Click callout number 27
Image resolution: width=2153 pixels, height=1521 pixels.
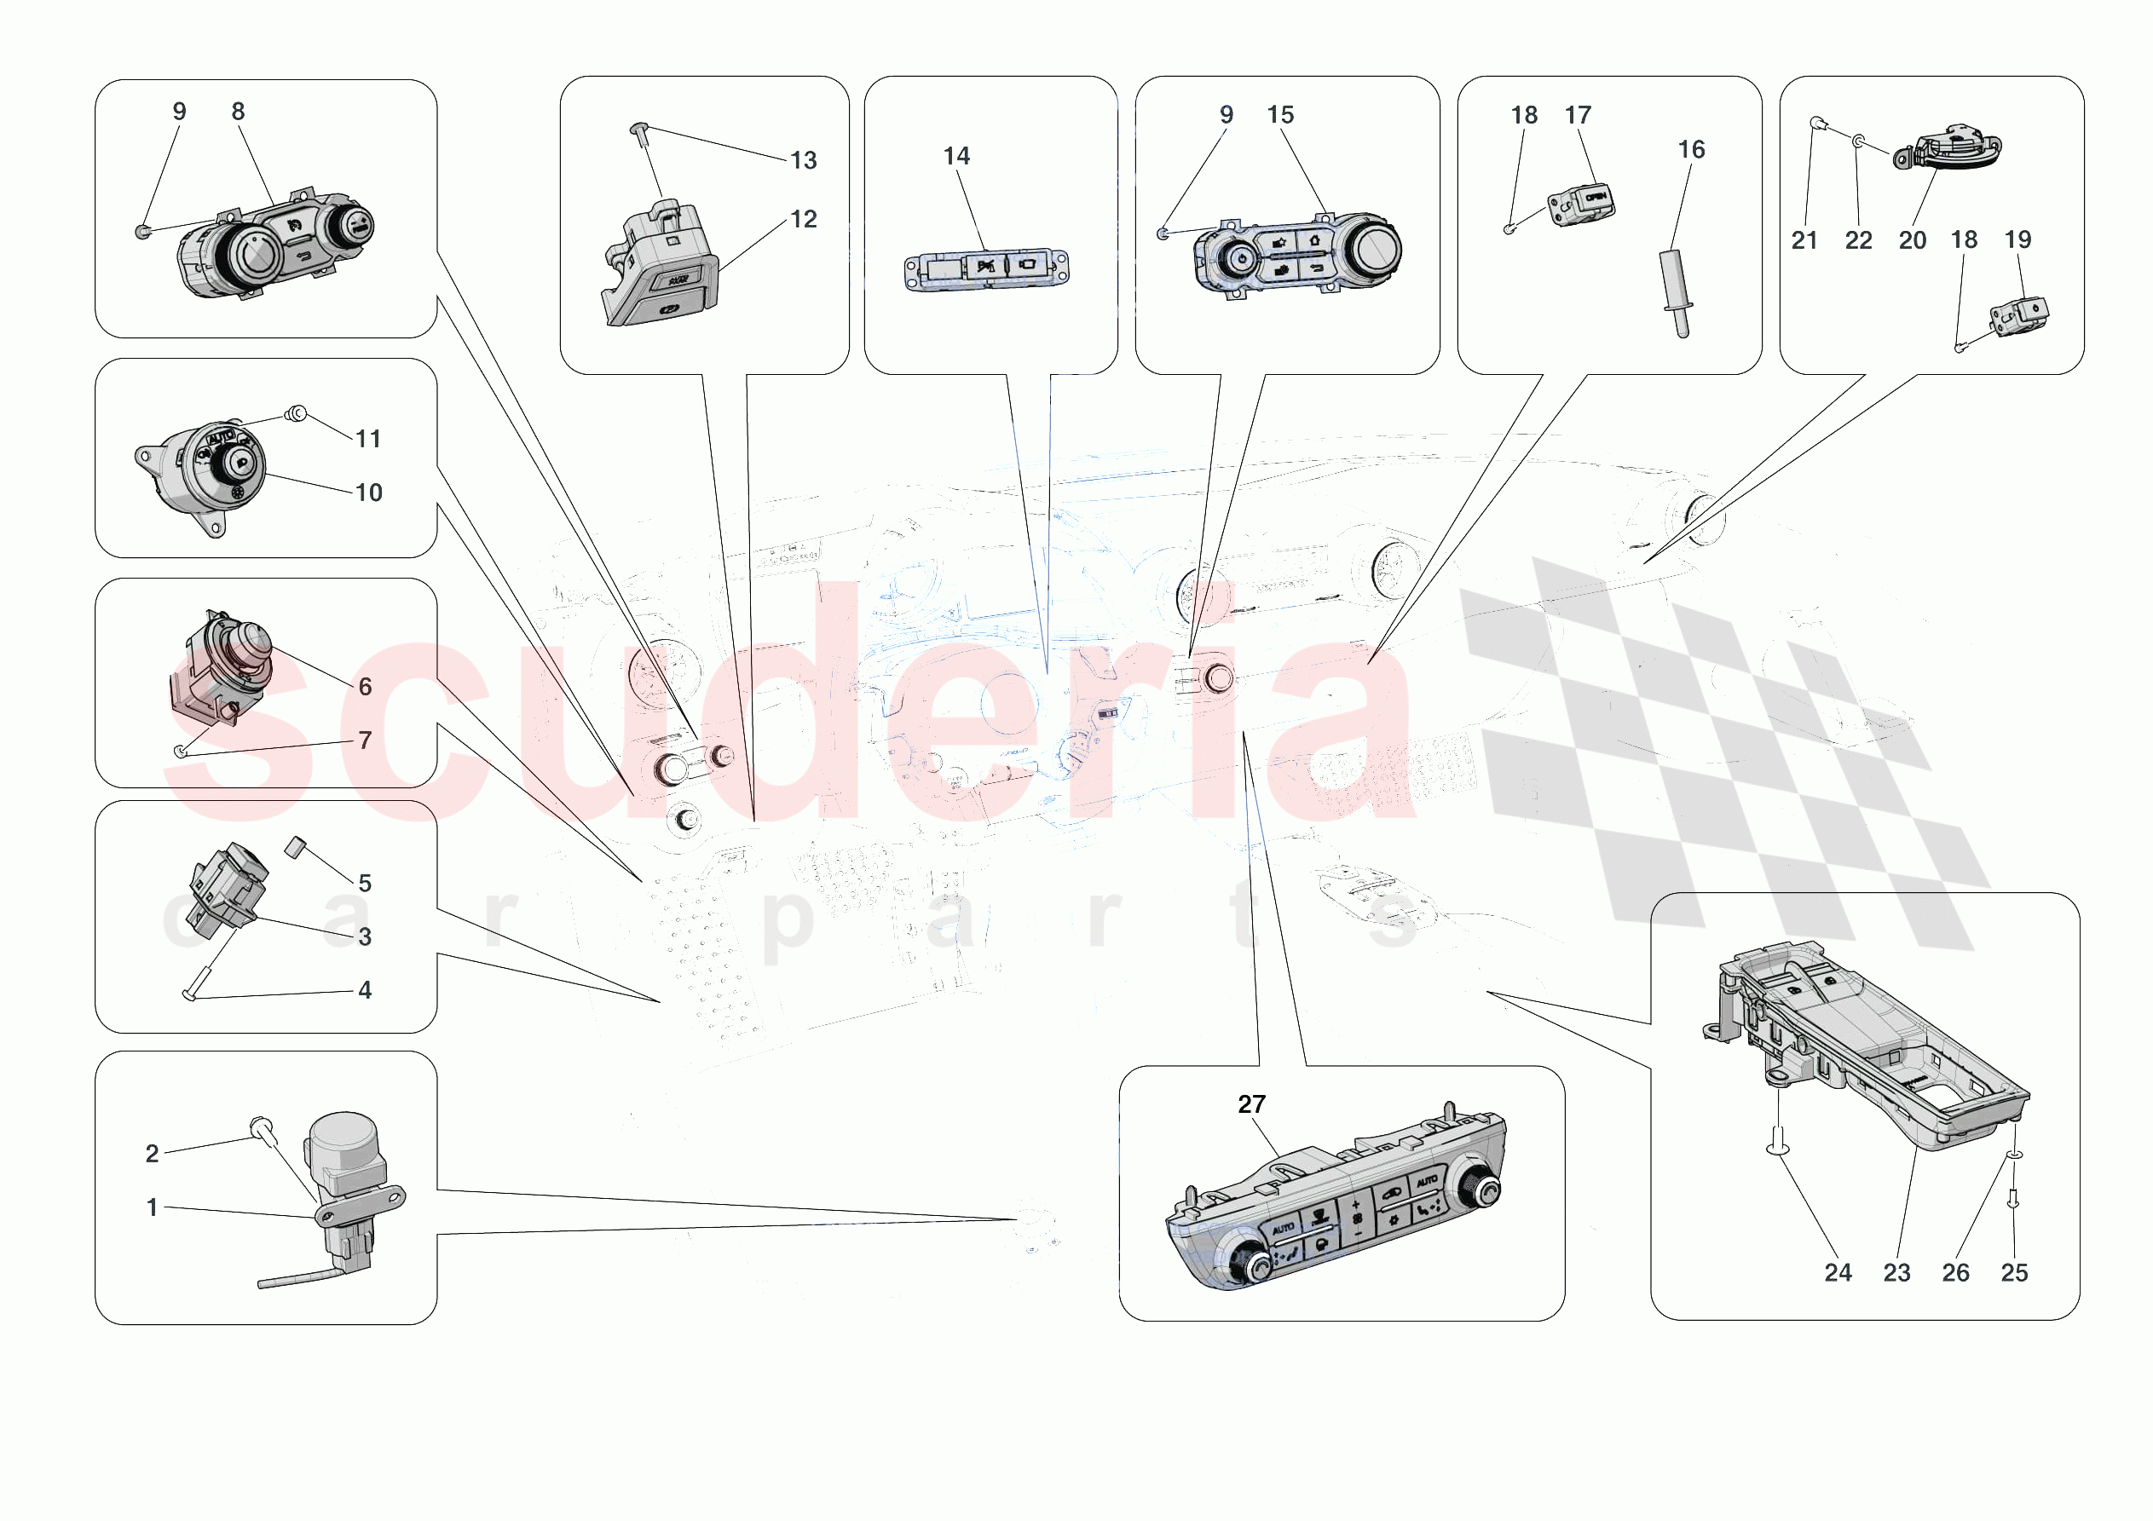(1251, 1103)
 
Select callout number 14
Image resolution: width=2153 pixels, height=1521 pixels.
(955, 156)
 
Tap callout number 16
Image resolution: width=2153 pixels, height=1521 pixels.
(1691, 149)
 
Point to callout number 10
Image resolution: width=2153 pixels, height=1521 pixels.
(368, 493)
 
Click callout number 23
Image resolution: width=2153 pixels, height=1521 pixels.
(1896, 1272)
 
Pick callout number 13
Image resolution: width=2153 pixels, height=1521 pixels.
(803, 160)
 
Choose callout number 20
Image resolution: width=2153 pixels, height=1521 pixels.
(1912, 240)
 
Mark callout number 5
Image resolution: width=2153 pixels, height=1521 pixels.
(365, 883)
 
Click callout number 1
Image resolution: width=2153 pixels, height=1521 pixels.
(152, 1207)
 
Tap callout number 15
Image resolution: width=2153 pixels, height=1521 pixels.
(1280, 114)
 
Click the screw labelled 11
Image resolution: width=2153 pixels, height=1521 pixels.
(296, 413)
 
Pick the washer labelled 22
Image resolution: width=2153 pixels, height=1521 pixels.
(1859, 141)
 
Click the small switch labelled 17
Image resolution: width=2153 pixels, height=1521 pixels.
(1581, 205)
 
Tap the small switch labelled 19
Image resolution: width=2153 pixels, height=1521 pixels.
(2019, 316)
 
